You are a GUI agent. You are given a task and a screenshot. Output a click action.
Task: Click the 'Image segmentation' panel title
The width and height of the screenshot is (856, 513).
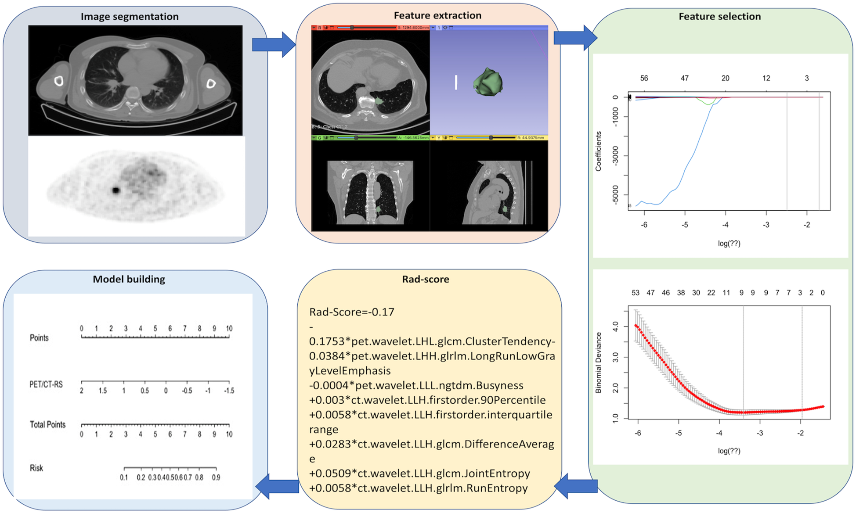(x=130, y=17)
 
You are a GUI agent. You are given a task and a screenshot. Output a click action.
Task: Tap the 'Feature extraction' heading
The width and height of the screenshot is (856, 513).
(x=437, y=15)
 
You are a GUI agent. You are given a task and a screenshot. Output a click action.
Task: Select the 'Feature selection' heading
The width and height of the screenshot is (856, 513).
(x=719, y=17)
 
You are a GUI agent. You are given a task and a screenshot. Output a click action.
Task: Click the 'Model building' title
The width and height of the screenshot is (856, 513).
(x=129, y=279)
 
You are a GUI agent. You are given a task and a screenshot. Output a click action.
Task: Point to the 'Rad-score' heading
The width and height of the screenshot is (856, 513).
(x=425, y=279)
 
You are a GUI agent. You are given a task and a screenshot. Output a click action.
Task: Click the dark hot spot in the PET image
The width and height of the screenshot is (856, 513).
(x=116, y=190)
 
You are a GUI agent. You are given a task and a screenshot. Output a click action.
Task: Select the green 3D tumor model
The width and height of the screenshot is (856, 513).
(x=488, y=82)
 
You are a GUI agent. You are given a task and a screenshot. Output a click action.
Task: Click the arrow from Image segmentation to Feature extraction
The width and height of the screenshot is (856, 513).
(x=274, y=44)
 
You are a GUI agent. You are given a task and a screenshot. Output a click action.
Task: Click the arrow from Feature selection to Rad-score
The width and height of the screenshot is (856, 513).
(x=576, y=486)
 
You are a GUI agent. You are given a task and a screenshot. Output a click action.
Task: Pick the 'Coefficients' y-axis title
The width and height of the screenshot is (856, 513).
(x=598, y=151)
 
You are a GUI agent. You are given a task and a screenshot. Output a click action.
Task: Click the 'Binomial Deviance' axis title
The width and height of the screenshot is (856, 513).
(x=598, y=362)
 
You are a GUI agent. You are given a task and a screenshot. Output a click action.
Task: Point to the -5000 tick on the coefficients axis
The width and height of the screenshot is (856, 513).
(x=615, y=195)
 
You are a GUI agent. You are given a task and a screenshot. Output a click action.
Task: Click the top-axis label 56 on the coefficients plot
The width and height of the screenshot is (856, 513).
(x=644, y=79)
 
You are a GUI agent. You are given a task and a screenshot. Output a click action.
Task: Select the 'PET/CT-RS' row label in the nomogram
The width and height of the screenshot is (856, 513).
(x=46, y=385)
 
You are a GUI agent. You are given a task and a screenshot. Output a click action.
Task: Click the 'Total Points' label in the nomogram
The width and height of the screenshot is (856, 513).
(x=47, y=425)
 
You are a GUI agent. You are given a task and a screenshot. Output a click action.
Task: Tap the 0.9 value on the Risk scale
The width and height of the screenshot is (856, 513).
(x=216, y=477)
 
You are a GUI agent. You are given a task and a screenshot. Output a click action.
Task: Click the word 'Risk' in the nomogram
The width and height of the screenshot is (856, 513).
(x=36, y=468)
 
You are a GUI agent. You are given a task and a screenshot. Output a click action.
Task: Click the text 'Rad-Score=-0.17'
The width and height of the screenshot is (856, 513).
(x=352, y=312)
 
